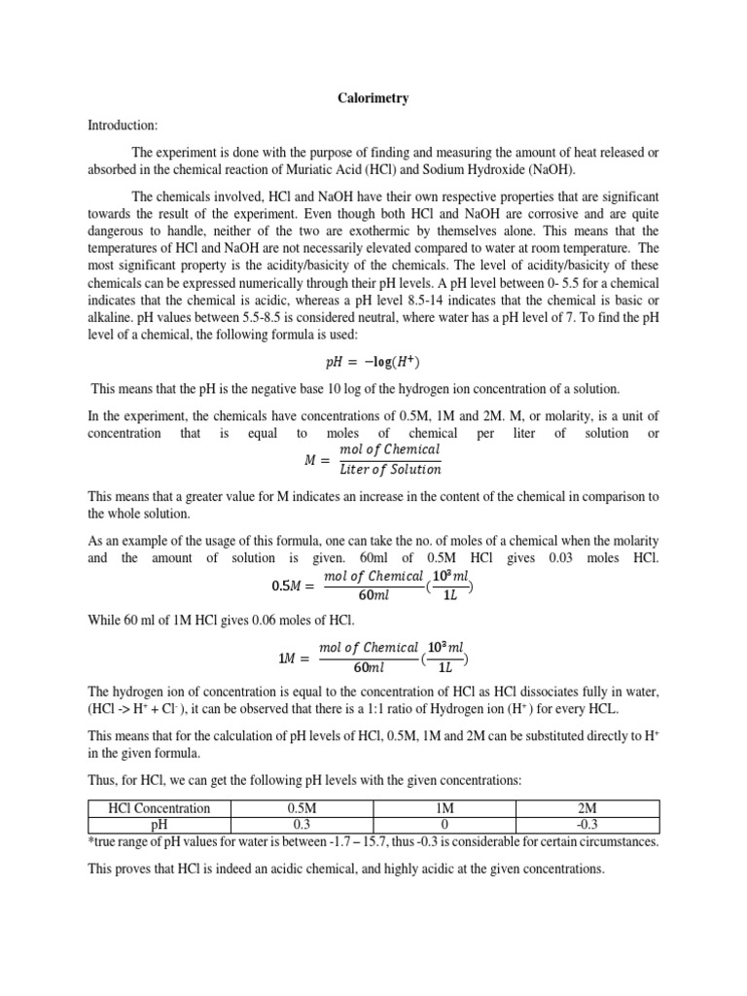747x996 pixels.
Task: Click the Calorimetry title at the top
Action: pos(373,98)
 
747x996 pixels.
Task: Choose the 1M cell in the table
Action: pos(442,808)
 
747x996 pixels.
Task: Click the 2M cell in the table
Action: pos(587,808)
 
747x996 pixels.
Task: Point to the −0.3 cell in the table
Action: pos(587,824)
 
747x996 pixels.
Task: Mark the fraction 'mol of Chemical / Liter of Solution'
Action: pos(389,459)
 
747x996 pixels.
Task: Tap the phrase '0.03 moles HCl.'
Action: pos(612,557)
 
